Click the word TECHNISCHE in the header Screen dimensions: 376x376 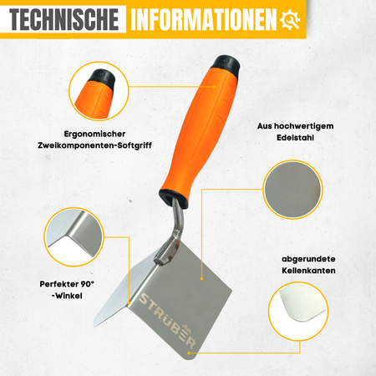click(x=64, y=19)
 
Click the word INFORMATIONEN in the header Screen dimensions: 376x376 click(x=204, y=19)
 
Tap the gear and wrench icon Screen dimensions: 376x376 click(x=290, y=20)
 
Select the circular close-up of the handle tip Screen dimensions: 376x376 click(x=99, y=91)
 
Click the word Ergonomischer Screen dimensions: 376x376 click(x=94, y=134)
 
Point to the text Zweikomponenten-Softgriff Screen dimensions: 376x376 click(x=94, y=145)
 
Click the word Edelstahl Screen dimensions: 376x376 click(x=295, y=138)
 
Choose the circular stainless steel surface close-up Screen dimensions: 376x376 click(x=292, y=190)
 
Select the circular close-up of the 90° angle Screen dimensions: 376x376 click(x=74, y=237)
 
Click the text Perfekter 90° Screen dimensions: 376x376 click(x=67, y=284)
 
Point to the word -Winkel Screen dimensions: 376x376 click(x=67, y=296)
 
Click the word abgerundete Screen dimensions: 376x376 click(x=308, y=259)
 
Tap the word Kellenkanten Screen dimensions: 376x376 click(x=308, y=271)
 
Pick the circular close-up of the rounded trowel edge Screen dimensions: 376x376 click(x=298, y=311)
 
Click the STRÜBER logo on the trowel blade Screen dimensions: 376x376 click(x=168, y=321)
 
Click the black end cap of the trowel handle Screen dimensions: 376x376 click(x=226, y=65)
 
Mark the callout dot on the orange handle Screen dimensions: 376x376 click(x=214, y=87)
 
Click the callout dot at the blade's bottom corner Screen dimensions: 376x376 click(x=189, y=353)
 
